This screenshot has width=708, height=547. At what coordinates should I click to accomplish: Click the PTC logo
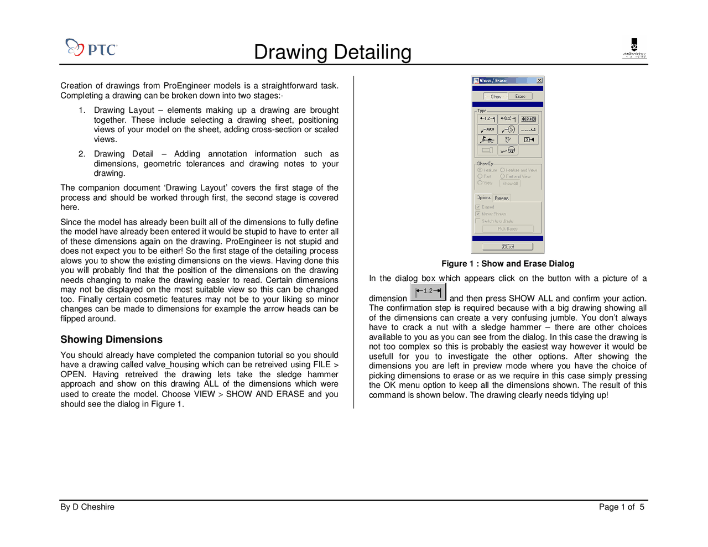point(91,48)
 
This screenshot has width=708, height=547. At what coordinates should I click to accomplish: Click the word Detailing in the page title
point(372,52)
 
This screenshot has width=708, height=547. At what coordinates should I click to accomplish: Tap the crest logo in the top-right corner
point(634,48)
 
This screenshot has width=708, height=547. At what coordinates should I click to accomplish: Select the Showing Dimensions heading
point(111,340)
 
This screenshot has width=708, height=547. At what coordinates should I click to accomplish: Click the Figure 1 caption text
point(507,264)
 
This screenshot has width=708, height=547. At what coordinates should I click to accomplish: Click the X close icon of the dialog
point(539,81)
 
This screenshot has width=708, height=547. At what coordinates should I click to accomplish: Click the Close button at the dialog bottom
point(507,247)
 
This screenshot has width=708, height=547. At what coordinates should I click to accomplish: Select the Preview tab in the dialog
point(502,198)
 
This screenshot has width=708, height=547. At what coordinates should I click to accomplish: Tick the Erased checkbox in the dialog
point(478,207)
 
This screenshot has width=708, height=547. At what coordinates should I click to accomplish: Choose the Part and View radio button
point(503,176)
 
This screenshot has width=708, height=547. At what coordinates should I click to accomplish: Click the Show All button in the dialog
point(510,183)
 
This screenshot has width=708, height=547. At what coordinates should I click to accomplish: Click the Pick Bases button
point(507,228)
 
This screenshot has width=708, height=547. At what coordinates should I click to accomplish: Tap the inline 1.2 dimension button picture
point(428,291)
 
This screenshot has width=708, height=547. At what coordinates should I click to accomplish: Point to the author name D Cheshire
point(93,507)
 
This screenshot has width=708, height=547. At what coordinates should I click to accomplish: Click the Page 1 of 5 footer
point(621,507)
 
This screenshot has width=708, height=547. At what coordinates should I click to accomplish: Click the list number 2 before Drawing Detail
point(82,154)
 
